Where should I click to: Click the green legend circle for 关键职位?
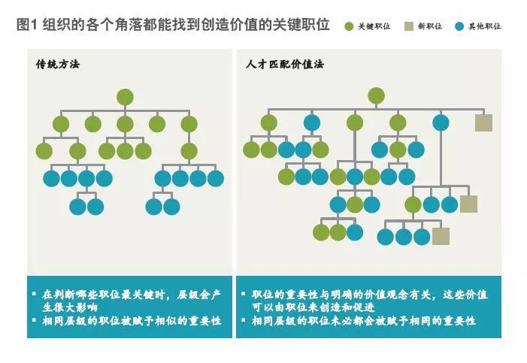[349, 26]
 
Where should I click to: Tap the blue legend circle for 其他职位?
[459, 26]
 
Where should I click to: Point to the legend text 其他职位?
[484, 26]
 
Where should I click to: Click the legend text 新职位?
[431, 26]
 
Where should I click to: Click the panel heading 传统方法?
[57, 64]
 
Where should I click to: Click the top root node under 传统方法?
[125, 97]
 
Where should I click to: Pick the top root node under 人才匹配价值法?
[376, 95]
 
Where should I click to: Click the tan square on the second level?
[483, 123]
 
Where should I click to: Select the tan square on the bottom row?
[441, 236]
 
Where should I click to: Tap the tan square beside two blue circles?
[468, 204]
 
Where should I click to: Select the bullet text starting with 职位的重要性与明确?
[368, 300]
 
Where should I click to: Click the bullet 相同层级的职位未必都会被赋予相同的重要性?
[364, 321]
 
